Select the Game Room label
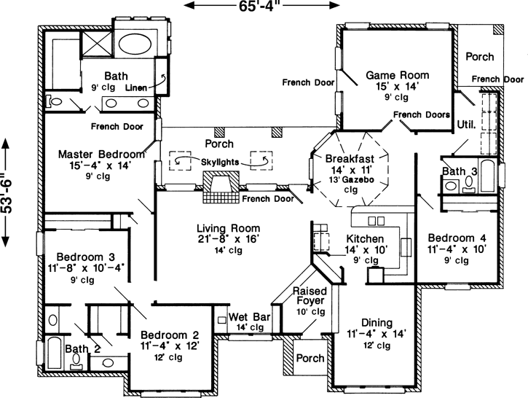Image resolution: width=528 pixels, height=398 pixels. pos(397,75)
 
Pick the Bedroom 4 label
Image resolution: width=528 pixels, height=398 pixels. pos(456,238)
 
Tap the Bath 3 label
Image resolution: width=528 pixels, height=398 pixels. pos(460,171)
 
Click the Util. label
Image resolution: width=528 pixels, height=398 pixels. pos(466,125)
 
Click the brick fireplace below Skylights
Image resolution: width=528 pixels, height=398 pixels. pos(218,189)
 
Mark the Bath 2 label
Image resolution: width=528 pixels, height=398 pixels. pos(82,350)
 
